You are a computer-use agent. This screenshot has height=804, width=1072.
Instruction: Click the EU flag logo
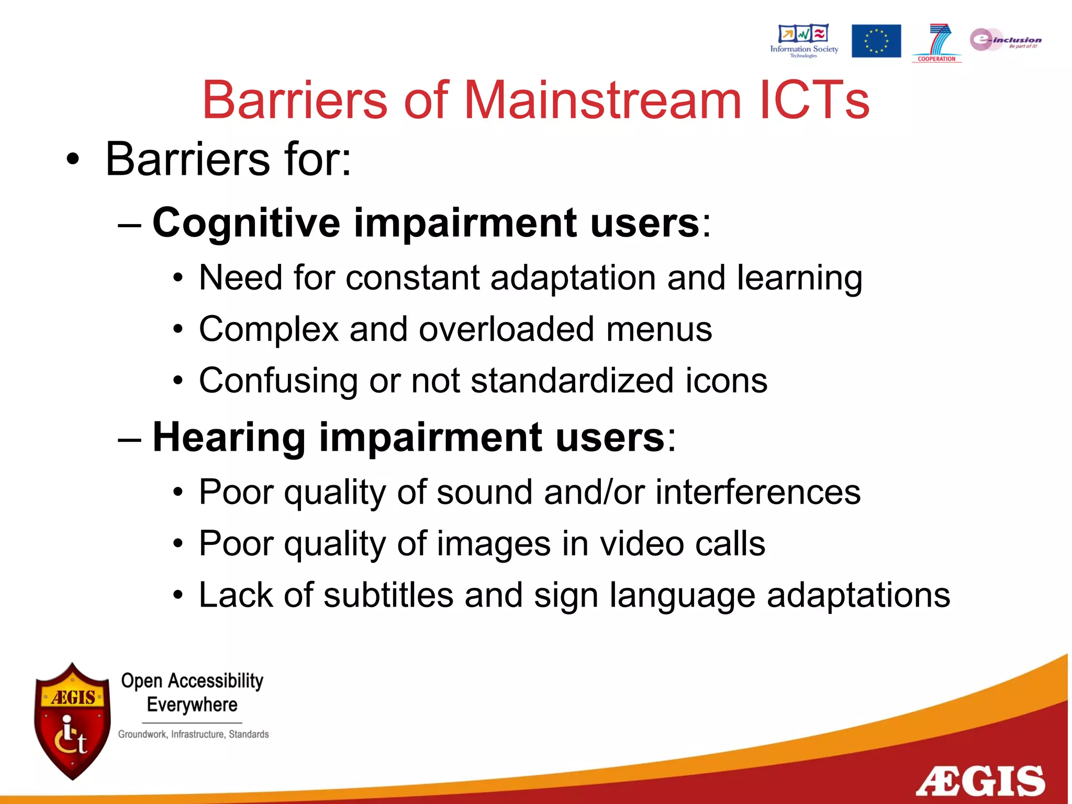876,41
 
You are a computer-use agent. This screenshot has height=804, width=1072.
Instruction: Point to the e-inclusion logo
1005,40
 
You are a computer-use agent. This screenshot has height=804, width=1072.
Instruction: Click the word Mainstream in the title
602,100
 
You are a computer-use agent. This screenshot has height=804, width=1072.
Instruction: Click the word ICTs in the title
814,100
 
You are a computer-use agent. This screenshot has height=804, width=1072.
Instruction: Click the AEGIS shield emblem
72,721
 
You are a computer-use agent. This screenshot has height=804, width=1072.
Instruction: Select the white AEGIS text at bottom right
980,781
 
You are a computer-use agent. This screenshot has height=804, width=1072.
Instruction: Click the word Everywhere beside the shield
192,705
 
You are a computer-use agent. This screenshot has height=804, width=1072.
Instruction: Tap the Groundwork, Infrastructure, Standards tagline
193,734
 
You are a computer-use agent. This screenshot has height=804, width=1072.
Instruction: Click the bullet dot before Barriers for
73,160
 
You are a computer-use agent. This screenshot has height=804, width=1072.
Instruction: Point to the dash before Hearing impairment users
129,439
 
